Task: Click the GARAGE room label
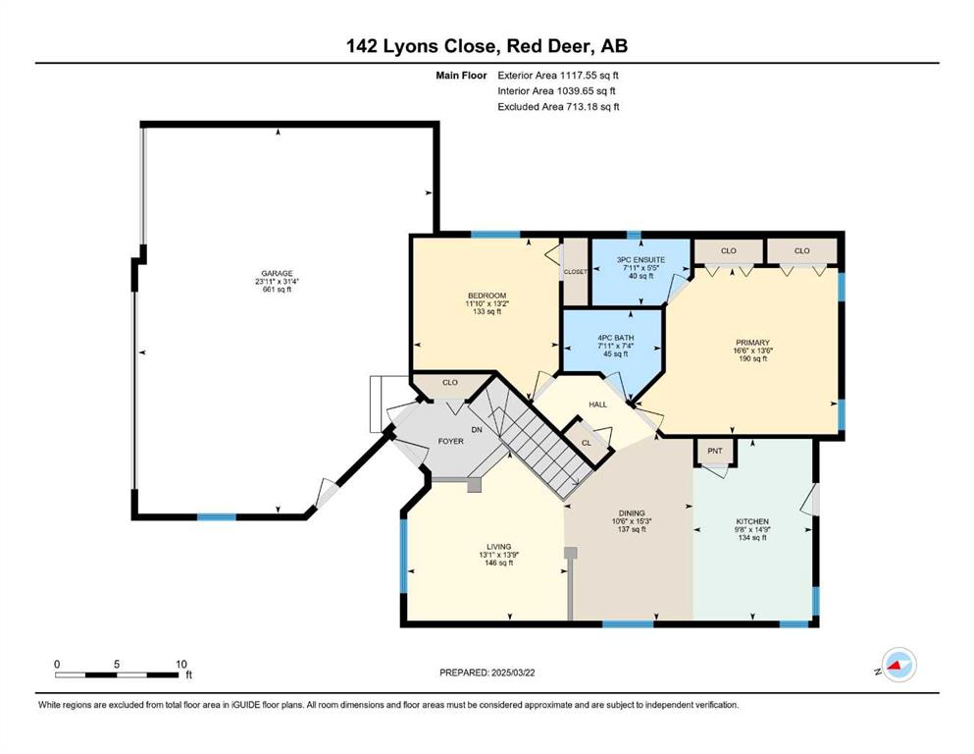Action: point(277,274)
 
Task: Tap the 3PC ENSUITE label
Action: point(641,260)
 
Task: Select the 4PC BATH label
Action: point(616,338)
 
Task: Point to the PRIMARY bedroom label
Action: point(752,343)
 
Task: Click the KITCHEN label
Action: point(752,521)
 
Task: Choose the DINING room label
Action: point(632,513)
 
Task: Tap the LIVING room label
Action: point(499,547)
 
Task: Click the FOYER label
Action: point(450,442)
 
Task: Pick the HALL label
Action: point(597,404)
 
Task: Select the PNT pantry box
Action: point(715,452)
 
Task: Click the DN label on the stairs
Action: point(477,430)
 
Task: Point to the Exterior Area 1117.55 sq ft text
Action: point(558,76)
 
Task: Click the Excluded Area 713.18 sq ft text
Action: point(558,107)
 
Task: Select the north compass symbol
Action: point(898,665)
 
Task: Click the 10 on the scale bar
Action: point(180,664)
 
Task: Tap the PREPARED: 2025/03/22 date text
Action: point(487,673)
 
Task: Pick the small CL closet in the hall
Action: point(587,443)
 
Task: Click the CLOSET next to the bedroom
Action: point(575,272)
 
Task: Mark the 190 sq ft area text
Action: point(752,358)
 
